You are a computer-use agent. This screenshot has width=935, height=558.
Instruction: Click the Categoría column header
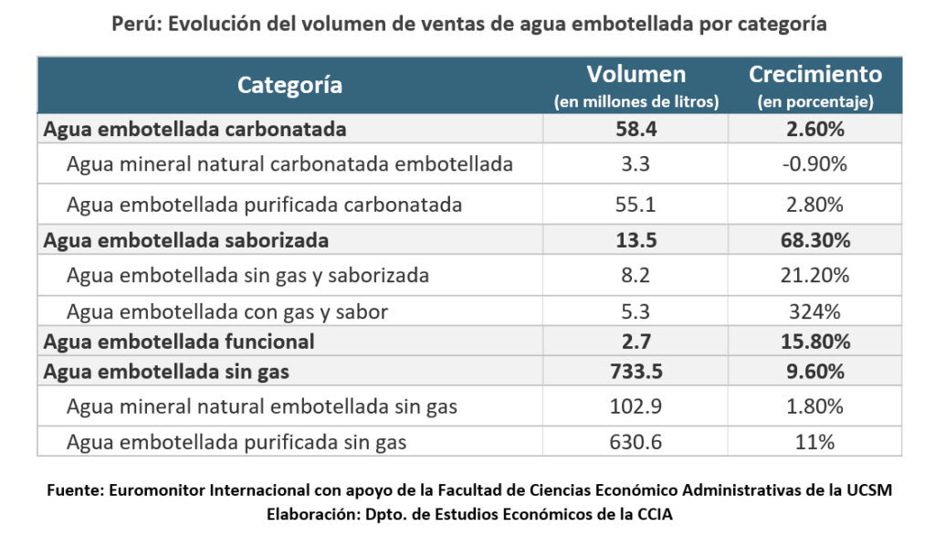click(289, 86)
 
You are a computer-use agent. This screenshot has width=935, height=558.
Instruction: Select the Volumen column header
click(636, 75)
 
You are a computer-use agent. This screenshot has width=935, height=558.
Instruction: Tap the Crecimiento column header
click(815, 75)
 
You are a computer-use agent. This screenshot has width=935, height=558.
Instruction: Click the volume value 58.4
click(636, 129)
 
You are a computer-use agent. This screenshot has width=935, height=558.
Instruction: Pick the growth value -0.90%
click(815, 164)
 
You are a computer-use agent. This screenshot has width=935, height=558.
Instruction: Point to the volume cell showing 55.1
click(636, 204)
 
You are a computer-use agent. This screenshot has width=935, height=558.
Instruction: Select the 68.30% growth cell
click(815, 241)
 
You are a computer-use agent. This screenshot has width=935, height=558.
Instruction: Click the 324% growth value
click(815, 311)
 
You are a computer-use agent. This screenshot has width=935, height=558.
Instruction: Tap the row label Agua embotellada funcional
click(179, 342)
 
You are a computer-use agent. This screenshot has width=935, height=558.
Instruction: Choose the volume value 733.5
click(636, 371)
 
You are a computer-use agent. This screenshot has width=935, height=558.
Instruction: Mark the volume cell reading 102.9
click(636, 406)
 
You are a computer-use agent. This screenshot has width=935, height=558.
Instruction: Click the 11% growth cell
click(815, 443)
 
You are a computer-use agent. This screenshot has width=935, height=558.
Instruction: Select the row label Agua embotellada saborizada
click(185, 241)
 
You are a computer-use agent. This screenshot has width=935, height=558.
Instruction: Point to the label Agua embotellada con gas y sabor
click(227, 311)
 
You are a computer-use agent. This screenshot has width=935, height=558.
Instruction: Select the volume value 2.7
click(636, 342)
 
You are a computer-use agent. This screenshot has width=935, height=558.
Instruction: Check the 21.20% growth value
click(815, 275)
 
